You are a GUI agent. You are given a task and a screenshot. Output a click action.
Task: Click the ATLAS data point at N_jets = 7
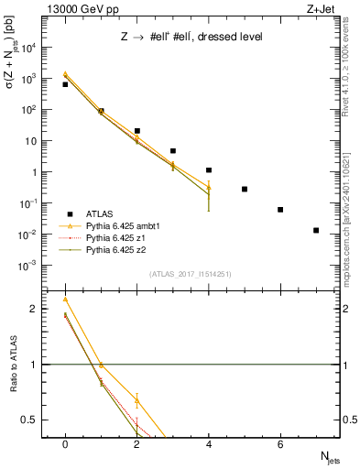click(316, 230)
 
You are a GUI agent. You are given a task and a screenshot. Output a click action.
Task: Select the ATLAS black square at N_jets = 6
click(280, 210)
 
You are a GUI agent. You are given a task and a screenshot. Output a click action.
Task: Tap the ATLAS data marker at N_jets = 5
click(245, 189)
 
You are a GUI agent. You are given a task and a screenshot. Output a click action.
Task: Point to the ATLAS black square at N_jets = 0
click(65, 84)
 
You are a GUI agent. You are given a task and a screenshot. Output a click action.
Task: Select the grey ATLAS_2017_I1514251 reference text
click(190, 274)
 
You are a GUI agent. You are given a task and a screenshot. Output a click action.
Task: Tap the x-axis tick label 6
click(280, 444)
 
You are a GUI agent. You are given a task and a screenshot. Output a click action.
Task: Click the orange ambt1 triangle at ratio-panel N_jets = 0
click(65, 300)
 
